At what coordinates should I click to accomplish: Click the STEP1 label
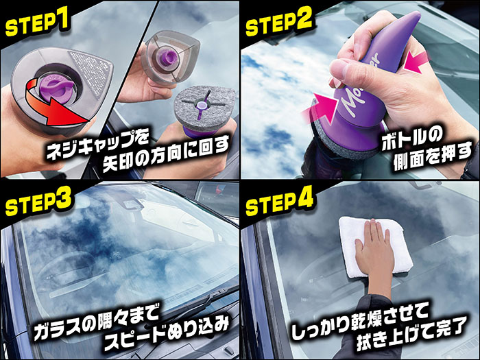[37, 22]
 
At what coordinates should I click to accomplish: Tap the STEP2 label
[279, 21]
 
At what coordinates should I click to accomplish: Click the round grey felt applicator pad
[204, 107]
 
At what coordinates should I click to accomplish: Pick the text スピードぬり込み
[167, 333]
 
